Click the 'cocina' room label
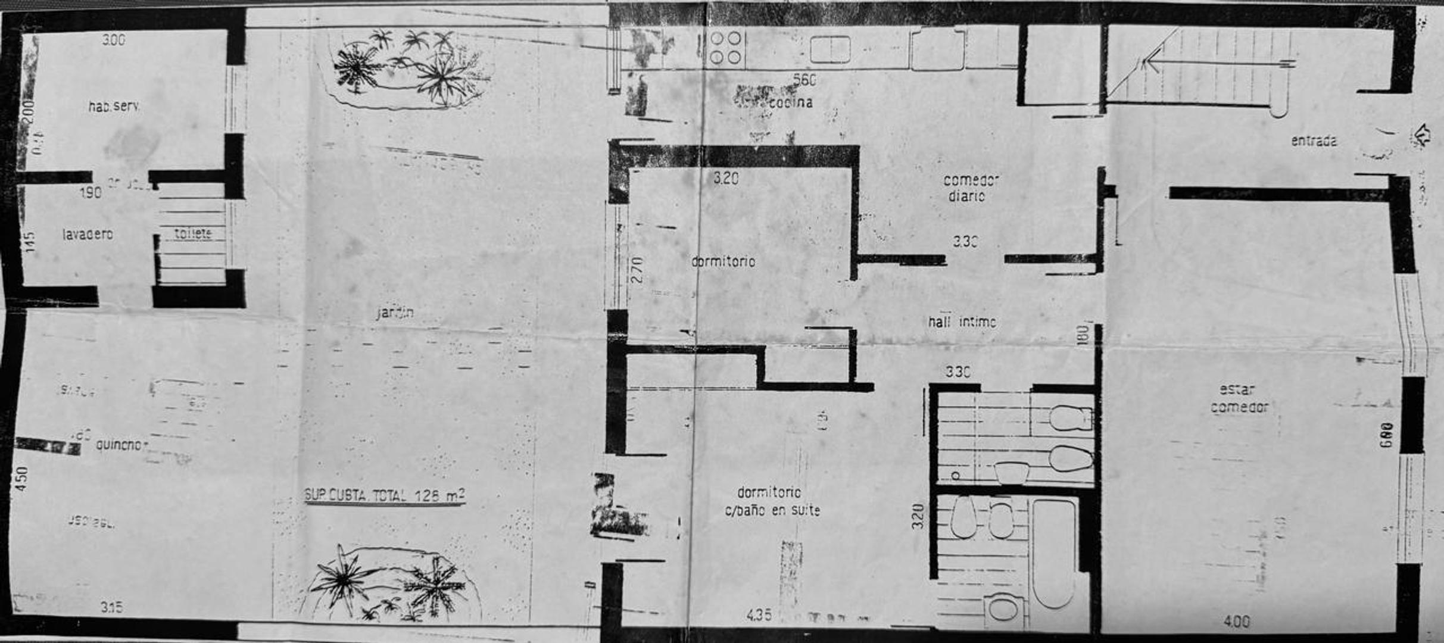coord(790,102)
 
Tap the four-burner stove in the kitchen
coord(726,48)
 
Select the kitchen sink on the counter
coord(829,49)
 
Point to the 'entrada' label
coord(1314,141)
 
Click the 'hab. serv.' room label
coord(114,107)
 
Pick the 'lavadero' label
coord(88,235)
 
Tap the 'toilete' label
coord(193,233)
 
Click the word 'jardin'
coord(395,312)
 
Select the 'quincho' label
coord(121,445)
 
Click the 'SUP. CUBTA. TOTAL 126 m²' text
coord(384,495)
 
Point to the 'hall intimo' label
coord(962,322)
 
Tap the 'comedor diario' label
coord(971,188)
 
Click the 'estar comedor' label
coord(1239,398)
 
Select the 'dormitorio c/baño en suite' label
coord(772,501)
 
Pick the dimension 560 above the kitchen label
coord(804,80)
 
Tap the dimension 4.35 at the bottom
coord(759,614)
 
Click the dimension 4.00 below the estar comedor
coord(1236,622)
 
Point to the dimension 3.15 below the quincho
coord(111,607)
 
